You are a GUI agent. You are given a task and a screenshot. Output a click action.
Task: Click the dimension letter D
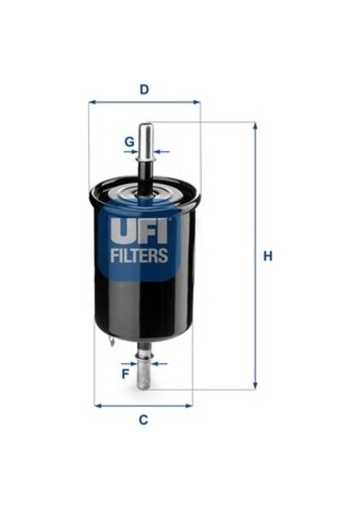144,89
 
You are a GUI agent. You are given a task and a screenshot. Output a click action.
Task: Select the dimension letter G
130,142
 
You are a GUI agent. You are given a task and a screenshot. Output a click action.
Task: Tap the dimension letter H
267,256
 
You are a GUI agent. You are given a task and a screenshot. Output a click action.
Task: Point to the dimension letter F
125,374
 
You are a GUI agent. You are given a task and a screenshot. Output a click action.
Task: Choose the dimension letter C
143,420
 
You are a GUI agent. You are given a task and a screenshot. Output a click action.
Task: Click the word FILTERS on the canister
139,255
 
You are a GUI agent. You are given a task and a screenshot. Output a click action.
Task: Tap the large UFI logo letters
139,231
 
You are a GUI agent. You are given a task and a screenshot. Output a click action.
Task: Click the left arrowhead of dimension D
92,103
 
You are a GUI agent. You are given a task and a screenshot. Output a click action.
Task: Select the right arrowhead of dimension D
197,103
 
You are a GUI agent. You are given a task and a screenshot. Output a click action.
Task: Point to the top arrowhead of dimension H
256,126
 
